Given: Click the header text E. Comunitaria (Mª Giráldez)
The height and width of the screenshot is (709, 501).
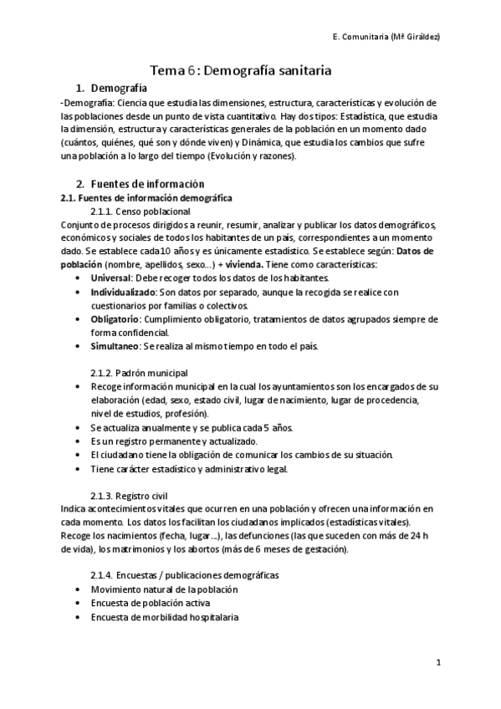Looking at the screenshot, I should tap(387, 38).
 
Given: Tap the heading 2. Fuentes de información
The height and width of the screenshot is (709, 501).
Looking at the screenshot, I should tap(140, 183).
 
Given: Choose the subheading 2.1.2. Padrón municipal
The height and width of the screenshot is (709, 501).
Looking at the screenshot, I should tap(139, 372).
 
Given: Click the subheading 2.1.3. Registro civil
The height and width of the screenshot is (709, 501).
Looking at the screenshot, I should tap(129, 495).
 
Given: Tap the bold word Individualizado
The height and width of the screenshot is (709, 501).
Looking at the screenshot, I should tap(123, 292).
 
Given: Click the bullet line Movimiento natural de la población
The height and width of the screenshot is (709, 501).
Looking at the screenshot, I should tap(165, 589).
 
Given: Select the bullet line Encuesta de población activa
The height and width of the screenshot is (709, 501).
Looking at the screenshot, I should tap(151, 604).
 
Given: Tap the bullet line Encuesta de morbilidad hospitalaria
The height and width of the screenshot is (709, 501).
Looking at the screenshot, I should tap(165, 617).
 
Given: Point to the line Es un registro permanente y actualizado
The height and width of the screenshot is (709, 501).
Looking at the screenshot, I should tap(174, 441).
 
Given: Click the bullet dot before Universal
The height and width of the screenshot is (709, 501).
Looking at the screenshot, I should tap(78, 278).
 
